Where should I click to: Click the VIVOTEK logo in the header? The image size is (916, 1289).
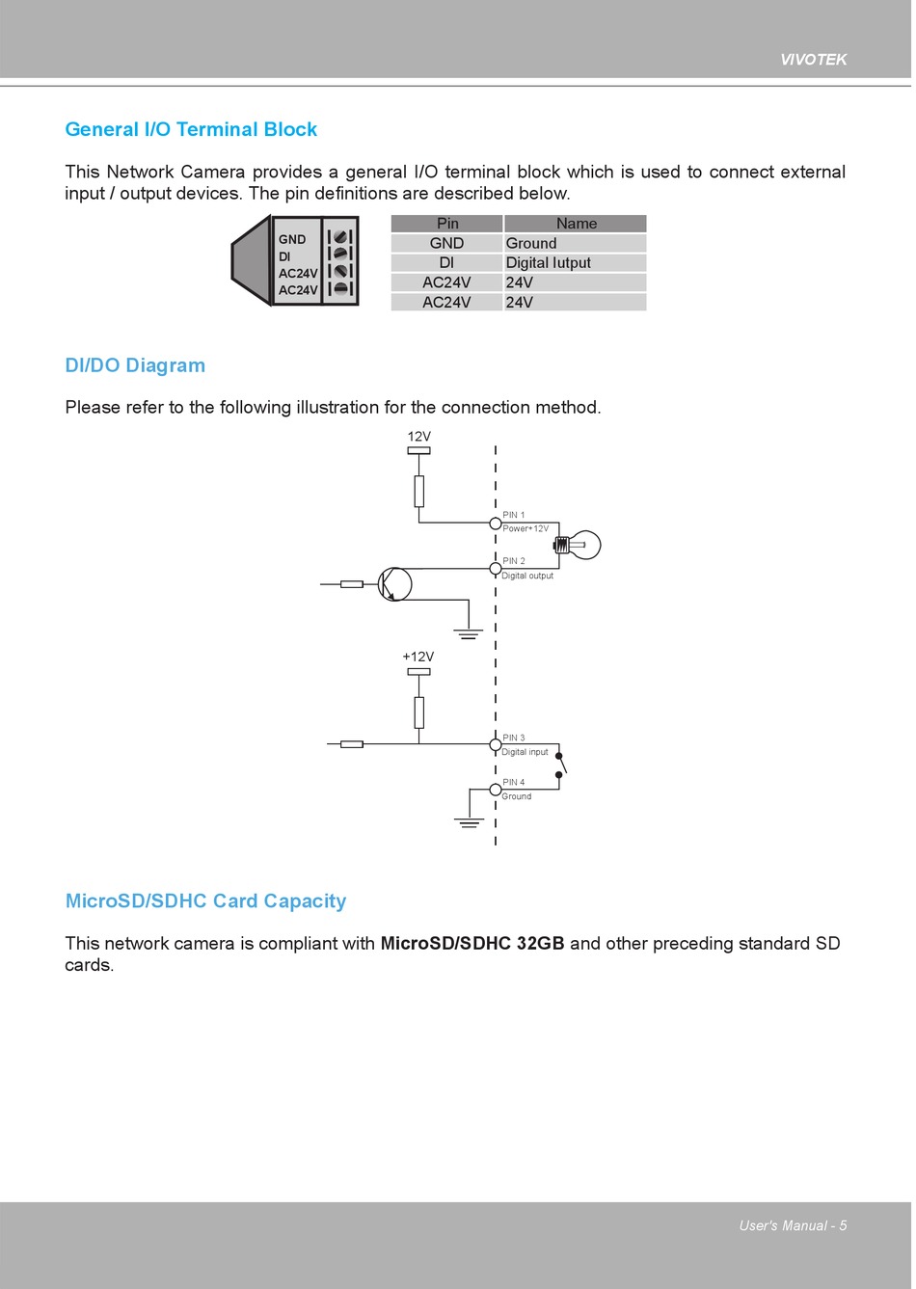pyautogui.click(x=813, y=60)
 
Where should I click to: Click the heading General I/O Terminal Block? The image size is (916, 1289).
pyautogui.click(x=191, y=129)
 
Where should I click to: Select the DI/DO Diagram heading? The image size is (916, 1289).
pyautogui.click(x=135, y=365)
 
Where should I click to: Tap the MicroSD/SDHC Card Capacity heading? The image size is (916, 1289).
pyautogui.click(x=205, y=901)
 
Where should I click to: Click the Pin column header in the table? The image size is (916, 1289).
pyautogui.click(x=447, y=224)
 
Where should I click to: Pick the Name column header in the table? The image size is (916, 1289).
pyautogui.click(x=576, y=224)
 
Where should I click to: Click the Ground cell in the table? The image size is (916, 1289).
pyautogui.click(x=531, y=244)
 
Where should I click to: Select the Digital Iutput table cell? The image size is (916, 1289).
pyautogui.click(x=548, y=263)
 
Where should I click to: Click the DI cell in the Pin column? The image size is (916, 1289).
pyautogui.click(x=446, y=263)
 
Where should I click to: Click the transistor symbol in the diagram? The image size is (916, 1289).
pyautogui.click(x=394, y=584)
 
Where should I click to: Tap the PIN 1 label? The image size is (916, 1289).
pyautogui.click(x=514, y=516)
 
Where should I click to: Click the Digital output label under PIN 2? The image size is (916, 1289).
pyautogui.click(x=527, y=576)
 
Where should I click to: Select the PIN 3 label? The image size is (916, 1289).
pyautogui.click(x=514, y=738)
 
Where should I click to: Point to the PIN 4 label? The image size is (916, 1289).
pyautogui.click(x=514, y=783)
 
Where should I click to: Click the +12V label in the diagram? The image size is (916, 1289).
pyautogui.click(x=418, y=657)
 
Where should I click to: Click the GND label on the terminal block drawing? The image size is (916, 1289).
pyautogui.click(x=292, y=240)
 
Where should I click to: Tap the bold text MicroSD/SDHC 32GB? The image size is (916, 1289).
pyautogui.click(x=472, y=944)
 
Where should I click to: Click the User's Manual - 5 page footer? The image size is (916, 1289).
pyautogui.click(x=793, y=1226)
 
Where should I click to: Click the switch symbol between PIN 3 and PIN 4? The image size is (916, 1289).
pyautogui.click(x=560, y=765)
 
